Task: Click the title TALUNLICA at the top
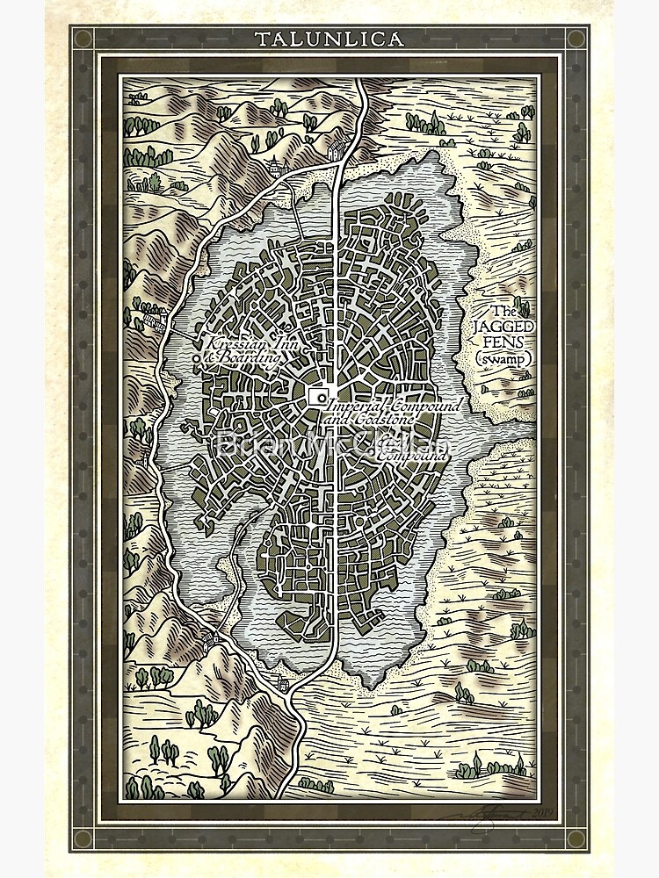329,39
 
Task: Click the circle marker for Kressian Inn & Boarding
196,359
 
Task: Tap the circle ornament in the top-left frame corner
83,39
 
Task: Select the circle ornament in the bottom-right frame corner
576,838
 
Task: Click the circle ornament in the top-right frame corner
576,39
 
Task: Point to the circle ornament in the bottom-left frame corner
83,838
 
